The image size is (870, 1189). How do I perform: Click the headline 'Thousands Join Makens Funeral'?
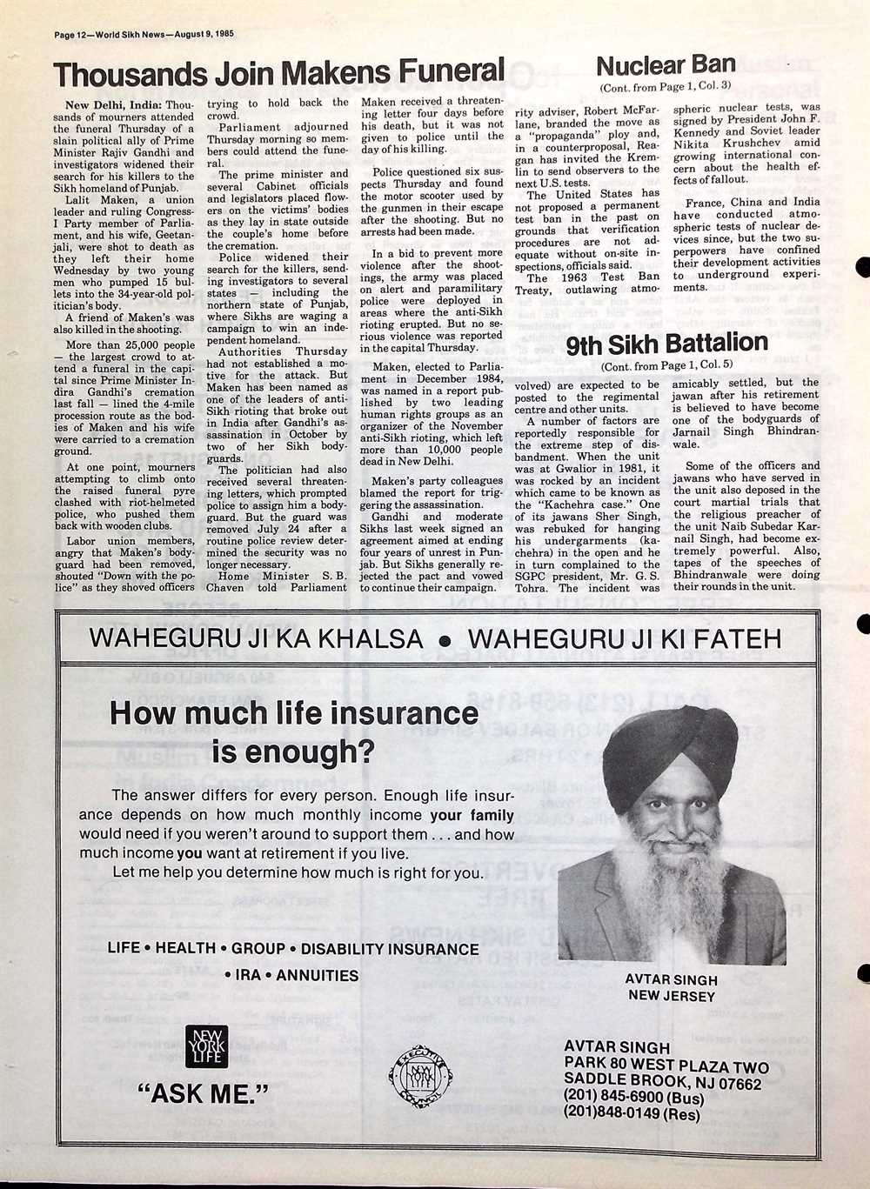point(279,73)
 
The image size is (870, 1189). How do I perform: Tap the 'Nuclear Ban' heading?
point(666,64)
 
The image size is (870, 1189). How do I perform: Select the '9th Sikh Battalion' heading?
point(666,344)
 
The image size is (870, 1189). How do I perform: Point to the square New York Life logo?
point(206,1046)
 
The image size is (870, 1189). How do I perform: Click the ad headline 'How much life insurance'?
point(294,714)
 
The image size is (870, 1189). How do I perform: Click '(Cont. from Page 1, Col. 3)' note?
point(665,86)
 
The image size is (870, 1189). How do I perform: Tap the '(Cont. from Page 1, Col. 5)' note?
point(666,366)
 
